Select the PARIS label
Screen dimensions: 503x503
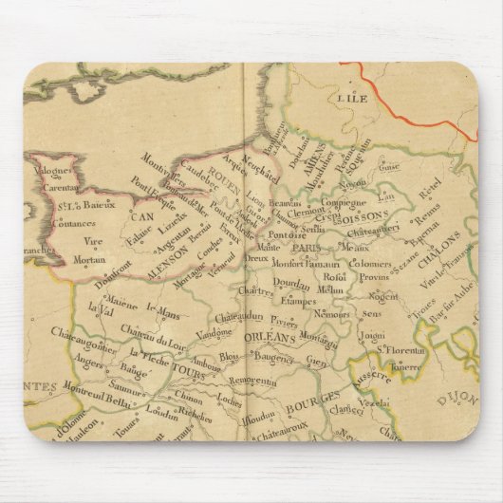click(307, 249)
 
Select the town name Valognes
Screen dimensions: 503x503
click(55, 172)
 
